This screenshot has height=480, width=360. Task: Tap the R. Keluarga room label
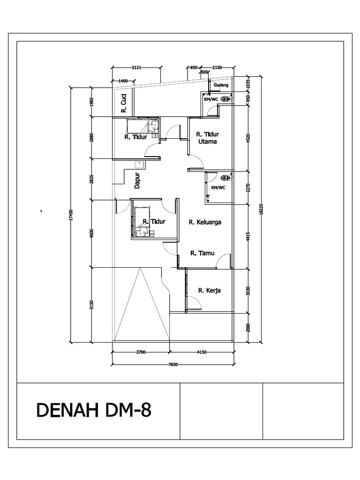[205, 222]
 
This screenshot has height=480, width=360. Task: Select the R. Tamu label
[202, 253]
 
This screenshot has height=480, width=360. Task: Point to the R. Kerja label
[209, 291]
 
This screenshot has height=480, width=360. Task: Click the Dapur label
[137, 179]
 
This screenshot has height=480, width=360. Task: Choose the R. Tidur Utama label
[207, 137]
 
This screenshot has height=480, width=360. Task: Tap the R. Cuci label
[124, 104]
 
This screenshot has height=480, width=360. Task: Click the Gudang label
[221, 85]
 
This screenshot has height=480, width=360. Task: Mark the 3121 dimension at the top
[137, 67]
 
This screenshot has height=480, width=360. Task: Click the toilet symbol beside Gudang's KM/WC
[225, 99]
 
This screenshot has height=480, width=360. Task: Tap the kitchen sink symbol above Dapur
[139, 164]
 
